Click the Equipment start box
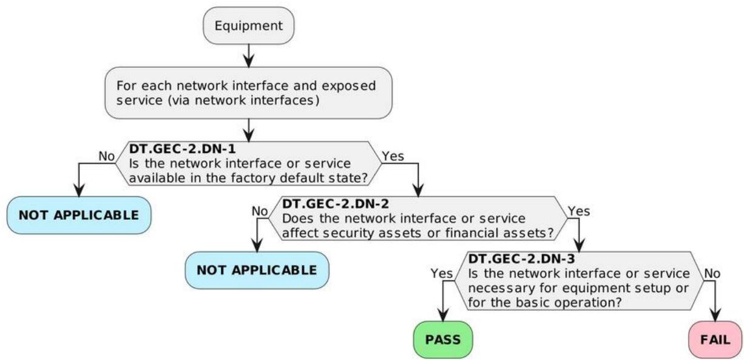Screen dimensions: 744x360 pyautogui.click(x=248, y=25)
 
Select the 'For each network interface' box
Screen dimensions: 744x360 pyautogui.click(x=248, y=93)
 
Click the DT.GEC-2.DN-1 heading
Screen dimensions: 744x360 pyautogui.click(x=182, y=149)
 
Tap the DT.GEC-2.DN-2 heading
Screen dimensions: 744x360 pyautogui.click(x=336, y=204)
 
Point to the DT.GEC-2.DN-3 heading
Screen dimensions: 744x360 pyautogui.click(x=521, y=259)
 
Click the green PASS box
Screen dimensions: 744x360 pyautogui.click(x=443, y=340)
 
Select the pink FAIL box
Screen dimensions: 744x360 pyautogui.click(x=715, y=340)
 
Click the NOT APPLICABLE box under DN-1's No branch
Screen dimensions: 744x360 pyautogui.click(x=79, y=215)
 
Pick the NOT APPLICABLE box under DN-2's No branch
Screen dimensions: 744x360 pyautogui.click(x=257, y=270)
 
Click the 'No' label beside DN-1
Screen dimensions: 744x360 pyautogui.click(x=107, y=156)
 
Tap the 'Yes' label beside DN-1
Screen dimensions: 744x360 pyautogui.click(x=393, y=156)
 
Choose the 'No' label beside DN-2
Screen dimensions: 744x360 pyautogui.click(x=260, y=211)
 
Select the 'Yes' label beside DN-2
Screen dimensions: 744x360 pyautogui.click(x=579, y=211)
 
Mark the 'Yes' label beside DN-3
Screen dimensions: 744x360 pyautogui.click(x=442, y=273)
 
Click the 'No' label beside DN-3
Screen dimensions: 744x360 pyautogui.click(x=712, y=273)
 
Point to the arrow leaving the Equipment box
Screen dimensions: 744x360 pyautogui.click(x=248, y=55)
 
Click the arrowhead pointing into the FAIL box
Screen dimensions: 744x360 pyautogui.click(x=715, y=315)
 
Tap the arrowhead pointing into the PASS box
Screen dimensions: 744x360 pyautogui.click(x=443, y=315)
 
